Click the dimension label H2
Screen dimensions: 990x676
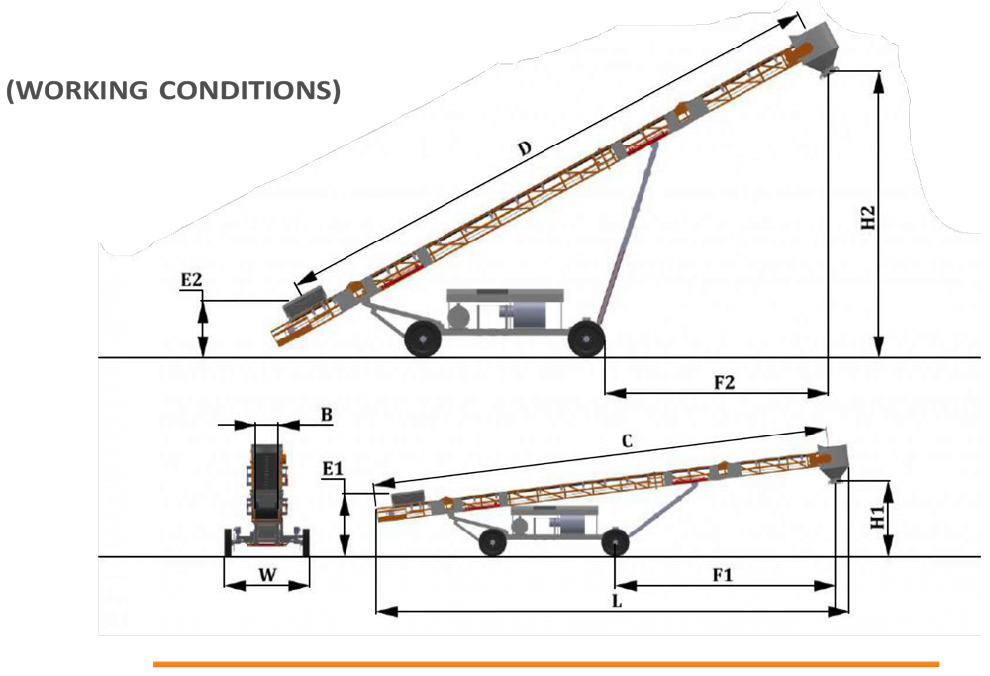[869, 218]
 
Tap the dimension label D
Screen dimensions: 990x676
[524, 149]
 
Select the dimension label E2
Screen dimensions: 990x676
[191, 280]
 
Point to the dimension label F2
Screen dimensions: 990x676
[725, 382]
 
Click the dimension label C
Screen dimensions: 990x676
[627, 441]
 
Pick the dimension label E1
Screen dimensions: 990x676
[333, 469]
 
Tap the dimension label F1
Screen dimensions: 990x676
[723, 575]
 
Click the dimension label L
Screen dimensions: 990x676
[617, 602]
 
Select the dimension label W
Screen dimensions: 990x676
[267, 575]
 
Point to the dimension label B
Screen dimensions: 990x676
[326, 415]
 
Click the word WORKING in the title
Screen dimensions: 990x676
[79, 90]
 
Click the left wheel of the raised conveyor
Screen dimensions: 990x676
[423, 338]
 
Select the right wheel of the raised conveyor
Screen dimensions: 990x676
[586, 338]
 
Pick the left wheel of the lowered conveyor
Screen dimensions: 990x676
[492, 542]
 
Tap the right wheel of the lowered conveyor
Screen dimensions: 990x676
[615, 542]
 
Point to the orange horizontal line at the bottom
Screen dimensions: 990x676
[546, 664]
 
